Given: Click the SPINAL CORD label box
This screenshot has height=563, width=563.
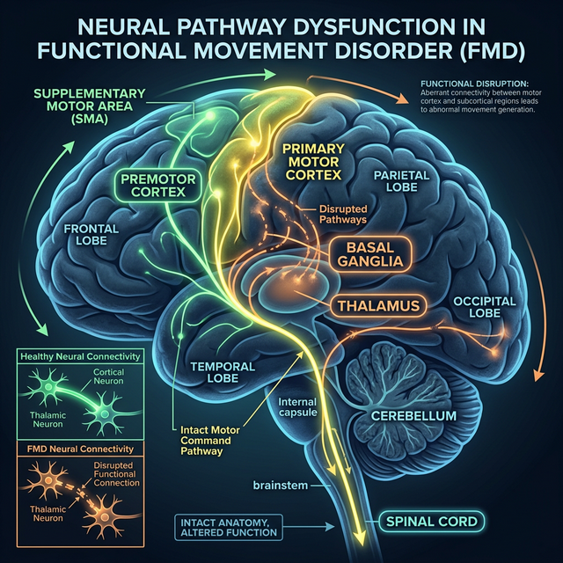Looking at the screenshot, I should [432, 522].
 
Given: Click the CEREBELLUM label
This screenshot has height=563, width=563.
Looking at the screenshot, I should [413, 414].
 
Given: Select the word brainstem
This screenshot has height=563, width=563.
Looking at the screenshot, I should [280, 485].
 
